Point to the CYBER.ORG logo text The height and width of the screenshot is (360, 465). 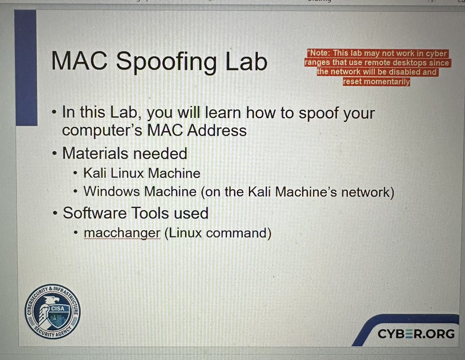click(x=416, y=334)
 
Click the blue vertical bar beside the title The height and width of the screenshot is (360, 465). click(x=26, y=67)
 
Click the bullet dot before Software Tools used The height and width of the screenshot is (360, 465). click(x=55, y=214)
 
